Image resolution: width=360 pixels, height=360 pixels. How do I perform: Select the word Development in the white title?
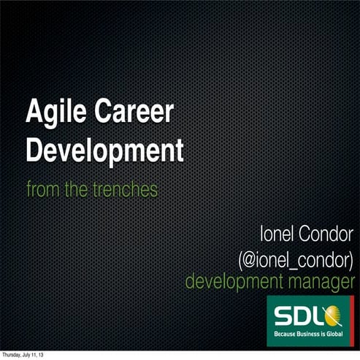click(104, 151)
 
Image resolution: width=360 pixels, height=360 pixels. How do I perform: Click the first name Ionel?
click(279, 234)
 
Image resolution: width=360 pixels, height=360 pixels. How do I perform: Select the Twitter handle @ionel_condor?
click(296, 258)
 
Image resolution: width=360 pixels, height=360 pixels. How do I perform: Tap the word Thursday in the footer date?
click(12, 355)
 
